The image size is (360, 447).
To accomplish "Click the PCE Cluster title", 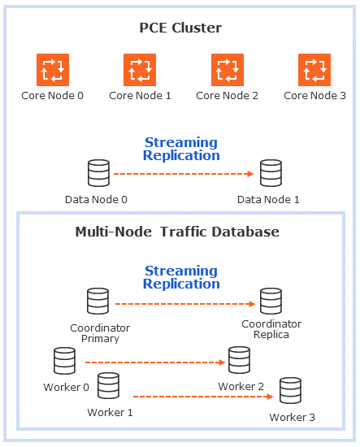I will [180, 28].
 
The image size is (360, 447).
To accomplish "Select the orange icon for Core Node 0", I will [53, 69].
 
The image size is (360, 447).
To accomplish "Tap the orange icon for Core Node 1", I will [140, 69].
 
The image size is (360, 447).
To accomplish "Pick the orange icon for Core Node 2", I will [228, 69].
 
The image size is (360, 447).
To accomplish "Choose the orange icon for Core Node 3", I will [314, 69].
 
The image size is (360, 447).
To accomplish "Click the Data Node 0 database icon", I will [98, 174].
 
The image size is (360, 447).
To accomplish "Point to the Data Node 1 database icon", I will [270, 174].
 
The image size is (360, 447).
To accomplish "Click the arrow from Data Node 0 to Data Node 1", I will [184, 174].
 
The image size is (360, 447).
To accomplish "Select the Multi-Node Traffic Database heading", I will [177, 232].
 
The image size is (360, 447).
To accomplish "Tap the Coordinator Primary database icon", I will [98, 302].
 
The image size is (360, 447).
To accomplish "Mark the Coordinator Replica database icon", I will [271, 302].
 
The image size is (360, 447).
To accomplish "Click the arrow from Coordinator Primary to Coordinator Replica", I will [184, 304].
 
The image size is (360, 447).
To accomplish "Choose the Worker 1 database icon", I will [109, 386].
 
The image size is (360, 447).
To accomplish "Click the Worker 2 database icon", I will [239, 360].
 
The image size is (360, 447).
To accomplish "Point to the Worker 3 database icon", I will [290, 392].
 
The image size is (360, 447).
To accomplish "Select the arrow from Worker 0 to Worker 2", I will [154, 362].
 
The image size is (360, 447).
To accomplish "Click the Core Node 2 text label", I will [227, 96].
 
